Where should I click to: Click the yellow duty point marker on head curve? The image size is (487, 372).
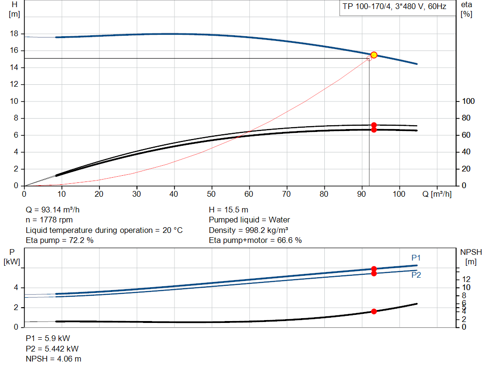(x=374, y=55)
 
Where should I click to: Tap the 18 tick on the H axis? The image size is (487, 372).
(x=14, y=34)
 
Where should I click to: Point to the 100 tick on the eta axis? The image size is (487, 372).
(x=468, y=101)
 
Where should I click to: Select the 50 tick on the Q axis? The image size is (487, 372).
(x=212, y=194)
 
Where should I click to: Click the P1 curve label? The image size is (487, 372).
(x=416, y=258)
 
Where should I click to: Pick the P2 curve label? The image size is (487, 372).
(x=416, y=275)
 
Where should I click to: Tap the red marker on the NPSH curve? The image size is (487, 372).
(x=374, y=311)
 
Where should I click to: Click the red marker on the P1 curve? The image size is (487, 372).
(x=374, y=269)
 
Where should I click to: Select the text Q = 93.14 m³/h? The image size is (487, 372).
(x=56, y=210)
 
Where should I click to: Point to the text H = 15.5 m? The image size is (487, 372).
(x=229, y=210)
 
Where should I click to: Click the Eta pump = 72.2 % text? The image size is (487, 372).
(x=59, y=241)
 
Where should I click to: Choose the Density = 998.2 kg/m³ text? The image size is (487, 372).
(x=249, y=230)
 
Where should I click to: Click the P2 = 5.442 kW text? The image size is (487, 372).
(x=52, y=349)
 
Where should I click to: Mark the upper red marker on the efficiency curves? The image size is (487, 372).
(x=374, y=125)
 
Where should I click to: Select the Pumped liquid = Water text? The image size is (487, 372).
(x=249, y=220)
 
